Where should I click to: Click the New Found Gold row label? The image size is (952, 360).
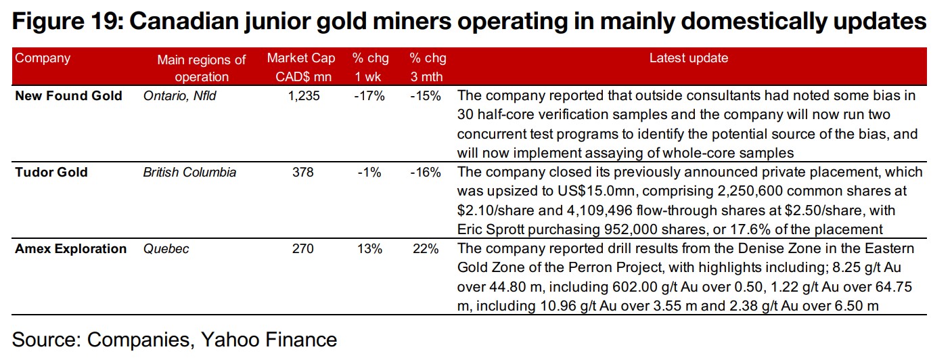(68, 95)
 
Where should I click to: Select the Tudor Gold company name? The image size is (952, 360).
(51, 173)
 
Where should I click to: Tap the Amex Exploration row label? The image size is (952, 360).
(70, 249)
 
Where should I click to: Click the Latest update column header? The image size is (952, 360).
(688, 58)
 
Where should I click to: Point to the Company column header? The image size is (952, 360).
(43, 58)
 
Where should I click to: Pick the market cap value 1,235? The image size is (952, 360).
(302, 95)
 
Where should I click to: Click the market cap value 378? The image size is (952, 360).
(302, 173)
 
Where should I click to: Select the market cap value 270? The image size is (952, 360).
(302, 249)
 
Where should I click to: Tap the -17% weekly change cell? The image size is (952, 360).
(369, 95)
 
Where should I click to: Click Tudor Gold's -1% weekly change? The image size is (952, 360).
(369, 173)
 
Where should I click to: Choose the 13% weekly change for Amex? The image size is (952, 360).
(369, 249)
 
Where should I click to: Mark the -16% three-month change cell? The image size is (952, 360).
(426, 173)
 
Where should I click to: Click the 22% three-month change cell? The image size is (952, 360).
(426, 249)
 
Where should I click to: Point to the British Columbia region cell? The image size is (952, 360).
(189, 173)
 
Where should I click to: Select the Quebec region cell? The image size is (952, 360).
(166, 249)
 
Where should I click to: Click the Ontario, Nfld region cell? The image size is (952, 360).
(179, 95)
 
